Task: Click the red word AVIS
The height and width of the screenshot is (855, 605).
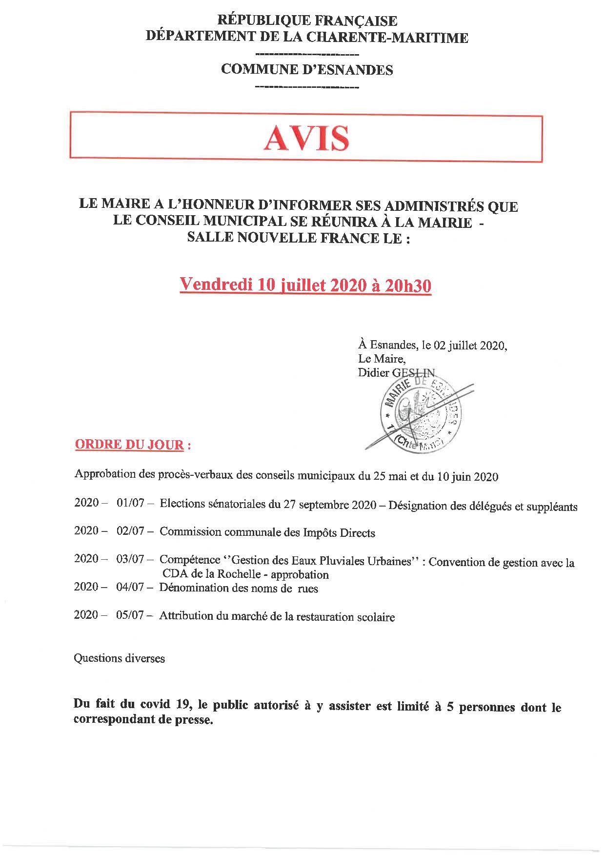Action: (306, 139)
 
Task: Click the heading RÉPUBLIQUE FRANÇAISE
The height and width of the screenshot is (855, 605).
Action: (307, 21)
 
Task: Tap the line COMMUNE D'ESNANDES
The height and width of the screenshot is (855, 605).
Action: (307, 70)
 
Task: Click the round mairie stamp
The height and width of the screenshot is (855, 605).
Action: (418, 417)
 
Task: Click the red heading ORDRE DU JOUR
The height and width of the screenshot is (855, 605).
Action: (129, 445)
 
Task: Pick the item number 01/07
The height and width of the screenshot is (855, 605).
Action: (130, 503)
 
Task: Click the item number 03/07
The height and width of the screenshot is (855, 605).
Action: (130, 559)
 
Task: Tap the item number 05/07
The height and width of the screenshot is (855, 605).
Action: (130, 615)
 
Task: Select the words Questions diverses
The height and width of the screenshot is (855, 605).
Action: (119, 658)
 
